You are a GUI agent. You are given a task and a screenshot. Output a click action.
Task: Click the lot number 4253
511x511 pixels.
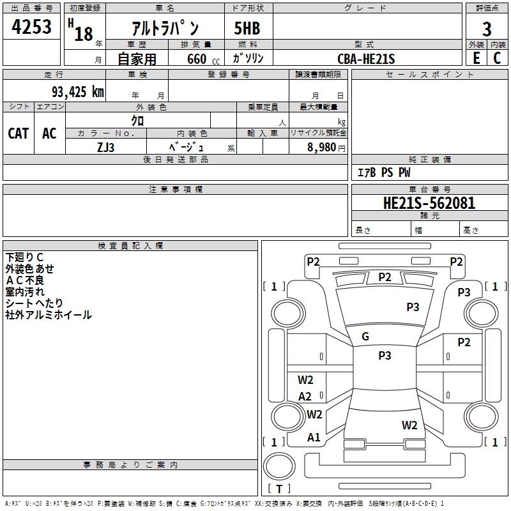tap(32, 27)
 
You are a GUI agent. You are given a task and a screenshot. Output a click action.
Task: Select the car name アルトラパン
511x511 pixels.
tap(165, 29)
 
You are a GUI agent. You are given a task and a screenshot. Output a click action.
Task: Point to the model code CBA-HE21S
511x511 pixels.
tap(367, 59)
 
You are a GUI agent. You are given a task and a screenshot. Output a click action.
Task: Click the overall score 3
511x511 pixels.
tap(487, 29)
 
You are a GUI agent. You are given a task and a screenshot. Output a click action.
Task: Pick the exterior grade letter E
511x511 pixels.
tap(477, 59)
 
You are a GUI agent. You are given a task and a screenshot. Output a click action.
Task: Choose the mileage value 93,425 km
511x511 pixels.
tap(77, 92)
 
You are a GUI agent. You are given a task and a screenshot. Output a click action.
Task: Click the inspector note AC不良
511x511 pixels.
tap(25, 280)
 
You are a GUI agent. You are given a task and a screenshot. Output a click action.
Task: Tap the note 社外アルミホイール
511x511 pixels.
tap(48, 315)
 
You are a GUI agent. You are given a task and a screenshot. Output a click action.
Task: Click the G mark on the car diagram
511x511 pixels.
tap(365, 337)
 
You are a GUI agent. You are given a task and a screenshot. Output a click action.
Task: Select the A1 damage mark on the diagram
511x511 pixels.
tap(314, 438)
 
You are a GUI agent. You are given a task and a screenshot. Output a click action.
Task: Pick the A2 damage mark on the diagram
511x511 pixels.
tap(305, 397)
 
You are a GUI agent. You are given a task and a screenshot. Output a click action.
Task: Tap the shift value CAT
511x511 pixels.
tap(18, 133)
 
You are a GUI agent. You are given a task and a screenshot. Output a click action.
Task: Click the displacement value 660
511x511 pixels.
tap(196, 59)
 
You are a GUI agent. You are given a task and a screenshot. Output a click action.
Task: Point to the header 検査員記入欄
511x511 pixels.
tap(130, 245)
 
